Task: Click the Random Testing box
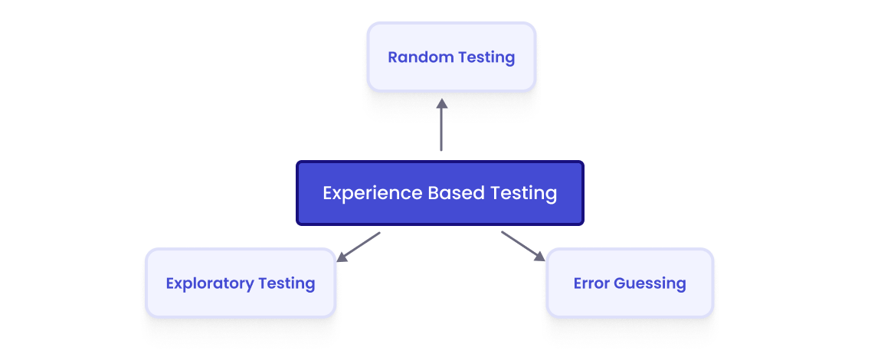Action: click(x=451, y=57)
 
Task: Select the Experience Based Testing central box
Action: click(x=440, y=193)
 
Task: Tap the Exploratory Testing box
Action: click(x=241, y=283)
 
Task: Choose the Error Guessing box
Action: click(x=629, y=283)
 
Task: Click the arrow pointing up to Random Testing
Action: click(x=441, y=126)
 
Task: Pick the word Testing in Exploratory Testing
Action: click(x=287, y=283)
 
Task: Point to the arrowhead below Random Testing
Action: click(x=441, y=103)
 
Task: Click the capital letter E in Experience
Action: click(x=328, y=193)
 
